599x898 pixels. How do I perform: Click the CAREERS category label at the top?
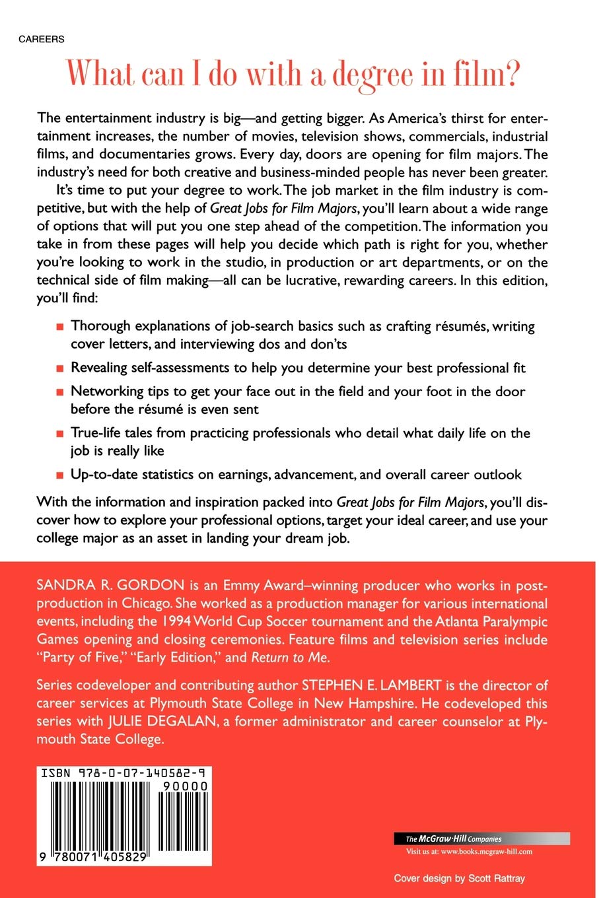point(41,40)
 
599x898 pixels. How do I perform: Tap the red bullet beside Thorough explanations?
point(59,326)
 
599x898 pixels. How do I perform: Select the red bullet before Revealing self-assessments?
point(59,368)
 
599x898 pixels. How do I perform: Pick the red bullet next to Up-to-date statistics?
point(59,475)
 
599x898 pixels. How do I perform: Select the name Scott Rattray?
point(496,878)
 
